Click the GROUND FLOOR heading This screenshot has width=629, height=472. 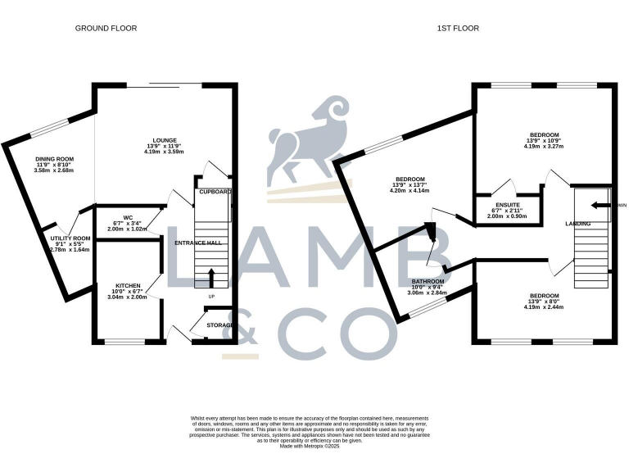[106, 28]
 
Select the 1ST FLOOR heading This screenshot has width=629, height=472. [459, 28]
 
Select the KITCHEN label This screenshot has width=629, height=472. [127, 286]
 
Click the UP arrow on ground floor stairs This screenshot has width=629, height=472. [211, 275]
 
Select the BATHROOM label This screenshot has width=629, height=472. [427, 280]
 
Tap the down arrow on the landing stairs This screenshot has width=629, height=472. [601, 206]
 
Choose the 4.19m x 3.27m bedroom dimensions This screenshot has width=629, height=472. [544, 150]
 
